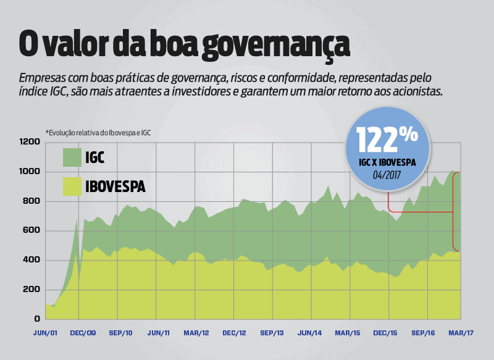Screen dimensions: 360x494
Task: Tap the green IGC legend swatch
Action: pyautogui.click(x=73, y=157)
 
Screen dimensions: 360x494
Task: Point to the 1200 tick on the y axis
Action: pyautogui.click(x=30, y=142)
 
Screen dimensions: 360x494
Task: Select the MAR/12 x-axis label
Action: pyautogui.click(x=196, y=333)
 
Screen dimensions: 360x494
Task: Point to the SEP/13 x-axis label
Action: pyautogui.click(x=272, y=333)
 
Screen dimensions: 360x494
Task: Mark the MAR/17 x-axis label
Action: pyautogui.click(x=461, y=333)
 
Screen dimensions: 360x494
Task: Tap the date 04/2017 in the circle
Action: pyautogui.click(x=387, y=175)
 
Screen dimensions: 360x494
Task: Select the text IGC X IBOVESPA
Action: pyautogui.click(x=387, y=163)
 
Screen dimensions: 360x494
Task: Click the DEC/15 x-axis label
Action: pyautogui.click(x=385, y=333)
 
